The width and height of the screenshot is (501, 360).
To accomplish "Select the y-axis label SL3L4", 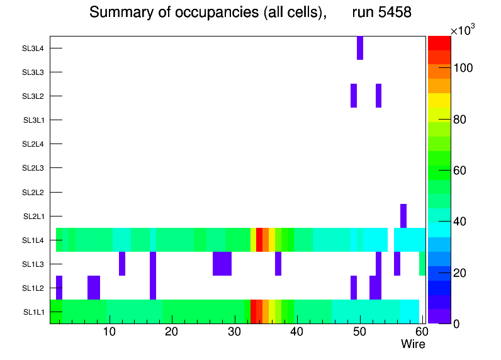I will click(33, 48).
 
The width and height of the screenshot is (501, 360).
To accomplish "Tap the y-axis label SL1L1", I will click(34, 312).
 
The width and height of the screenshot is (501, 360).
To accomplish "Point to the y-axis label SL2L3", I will click(33, 168).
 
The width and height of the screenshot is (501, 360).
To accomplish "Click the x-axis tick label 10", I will click(110, 332).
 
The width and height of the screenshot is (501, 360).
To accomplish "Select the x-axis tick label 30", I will click(234, 332).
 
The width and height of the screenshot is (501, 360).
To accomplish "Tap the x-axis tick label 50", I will click(359, 332).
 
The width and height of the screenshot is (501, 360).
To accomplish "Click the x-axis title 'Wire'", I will click(413, 344).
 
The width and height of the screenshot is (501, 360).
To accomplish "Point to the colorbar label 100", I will click(466, 68).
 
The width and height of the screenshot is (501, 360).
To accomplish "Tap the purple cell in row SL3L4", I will click(360, 48).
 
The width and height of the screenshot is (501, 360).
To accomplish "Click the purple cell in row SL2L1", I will click(403, 216).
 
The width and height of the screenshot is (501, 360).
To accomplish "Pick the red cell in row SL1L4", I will click(259, 240).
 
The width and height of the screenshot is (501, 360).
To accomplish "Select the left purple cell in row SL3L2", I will click(354, 96).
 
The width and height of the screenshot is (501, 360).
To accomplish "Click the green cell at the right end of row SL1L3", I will click(422, 264).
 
